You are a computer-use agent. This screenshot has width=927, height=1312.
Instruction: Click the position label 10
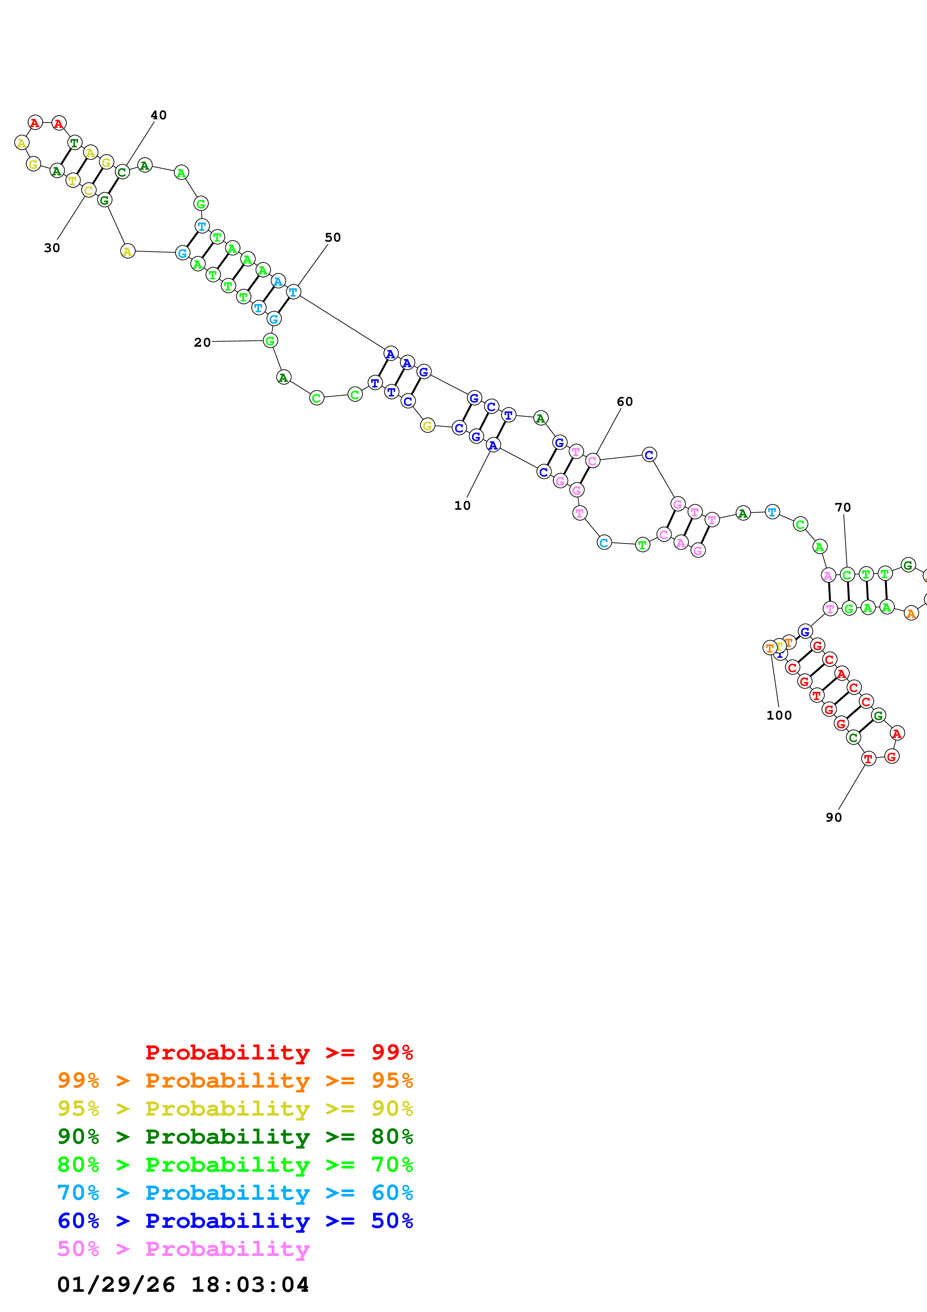point(462,505)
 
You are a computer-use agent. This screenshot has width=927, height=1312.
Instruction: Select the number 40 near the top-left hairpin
point(158,116)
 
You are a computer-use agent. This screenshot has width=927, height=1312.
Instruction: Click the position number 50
point(332,238)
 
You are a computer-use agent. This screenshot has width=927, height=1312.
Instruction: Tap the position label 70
point(842,508)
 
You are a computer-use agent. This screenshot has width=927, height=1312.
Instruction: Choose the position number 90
point(834,818)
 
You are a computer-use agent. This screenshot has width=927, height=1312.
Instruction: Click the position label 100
point(779,715)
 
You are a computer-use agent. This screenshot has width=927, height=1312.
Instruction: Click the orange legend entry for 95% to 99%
point(235,1080)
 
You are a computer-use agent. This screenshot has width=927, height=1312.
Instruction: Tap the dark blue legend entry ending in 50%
point(235,1221)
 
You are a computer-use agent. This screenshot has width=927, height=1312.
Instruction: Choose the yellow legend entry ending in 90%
point(235,1108)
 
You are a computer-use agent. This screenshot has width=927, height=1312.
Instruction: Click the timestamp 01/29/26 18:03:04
point(183,1285)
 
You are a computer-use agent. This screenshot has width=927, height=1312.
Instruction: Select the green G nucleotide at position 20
point(270,341)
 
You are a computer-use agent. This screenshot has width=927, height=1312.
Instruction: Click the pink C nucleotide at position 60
point(592,460)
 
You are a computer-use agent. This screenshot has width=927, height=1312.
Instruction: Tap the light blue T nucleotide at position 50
point(293,292)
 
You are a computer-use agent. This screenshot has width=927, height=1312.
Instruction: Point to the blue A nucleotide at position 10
point(493,445)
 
